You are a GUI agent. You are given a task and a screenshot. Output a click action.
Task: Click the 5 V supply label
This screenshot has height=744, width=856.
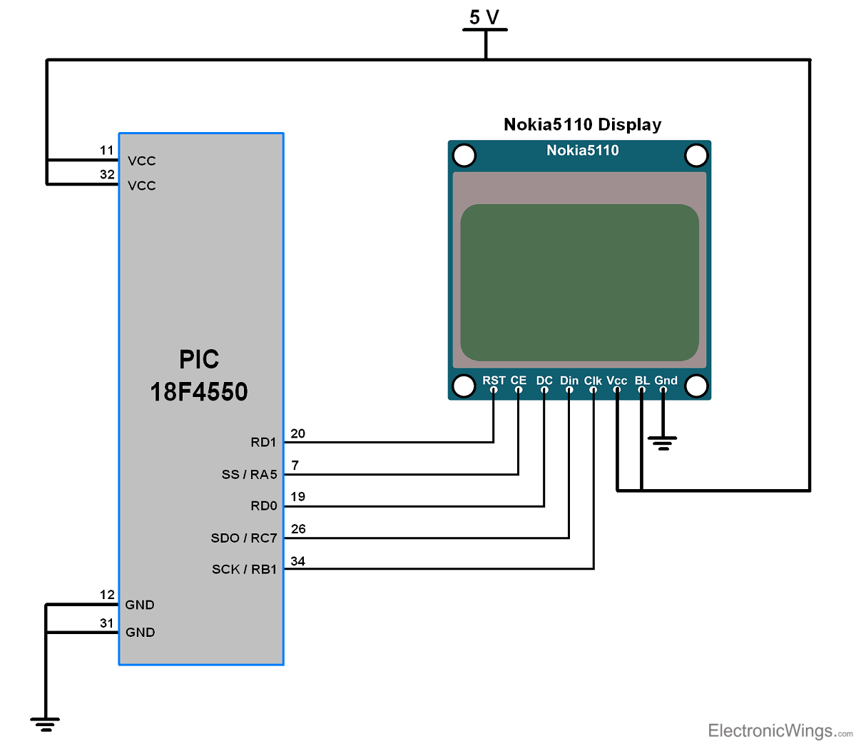[484, 16]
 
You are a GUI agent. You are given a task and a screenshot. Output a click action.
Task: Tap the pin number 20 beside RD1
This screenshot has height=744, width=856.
[298, 433]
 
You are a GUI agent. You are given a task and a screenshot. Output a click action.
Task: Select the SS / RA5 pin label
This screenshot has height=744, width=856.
[249, 474]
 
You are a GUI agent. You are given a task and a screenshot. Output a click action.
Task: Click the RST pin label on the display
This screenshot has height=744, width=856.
[494, 381]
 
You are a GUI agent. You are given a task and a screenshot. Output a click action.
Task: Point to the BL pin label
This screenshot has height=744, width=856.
[642, 381]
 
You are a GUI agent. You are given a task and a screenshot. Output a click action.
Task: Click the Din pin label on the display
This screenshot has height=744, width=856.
[569, 381]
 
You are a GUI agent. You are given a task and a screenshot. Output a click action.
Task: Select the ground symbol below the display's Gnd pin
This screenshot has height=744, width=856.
[663, 443]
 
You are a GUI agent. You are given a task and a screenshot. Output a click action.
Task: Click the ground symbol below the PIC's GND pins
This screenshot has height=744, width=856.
[46, 724]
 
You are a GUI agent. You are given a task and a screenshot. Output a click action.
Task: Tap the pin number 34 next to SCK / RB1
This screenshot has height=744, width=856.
[298, 561]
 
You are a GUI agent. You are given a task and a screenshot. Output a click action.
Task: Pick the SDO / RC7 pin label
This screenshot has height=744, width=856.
[244, 538]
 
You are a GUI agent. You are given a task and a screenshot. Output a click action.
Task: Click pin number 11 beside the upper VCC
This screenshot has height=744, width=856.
[107, 151]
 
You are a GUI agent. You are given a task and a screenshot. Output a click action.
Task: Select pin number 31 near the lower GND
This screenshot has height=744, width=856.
[107, 623]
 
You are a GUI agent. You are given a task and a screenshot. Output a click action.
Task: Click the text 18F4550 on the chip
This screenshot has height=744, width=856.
[199, 392]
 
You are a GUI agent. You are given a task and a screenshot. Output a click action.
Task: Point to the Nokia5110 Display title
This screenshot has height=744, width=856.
[582, 125]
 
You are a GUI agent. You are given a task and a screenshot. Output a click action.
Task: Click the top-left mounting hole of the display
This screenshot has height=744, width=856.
[464, 155]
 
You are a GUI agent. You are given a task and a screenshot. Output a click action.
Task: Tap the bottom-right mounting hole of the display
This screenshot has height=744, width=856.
[695, 386]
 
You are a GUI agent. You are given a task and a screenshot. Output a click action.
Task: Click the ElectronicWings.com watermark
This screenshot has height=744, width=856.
[780, 730]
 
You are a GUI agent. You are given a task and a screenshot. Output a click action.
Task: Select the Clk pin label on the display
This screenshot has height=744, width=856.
[593, 381]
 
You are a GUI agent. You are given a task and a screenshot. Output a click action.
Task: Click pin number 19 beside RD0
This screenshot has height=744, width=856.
[298, 497]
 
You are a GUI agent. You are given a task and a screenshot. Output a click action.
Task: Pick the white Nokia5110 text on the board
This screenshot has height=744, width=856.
[582, 150]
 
